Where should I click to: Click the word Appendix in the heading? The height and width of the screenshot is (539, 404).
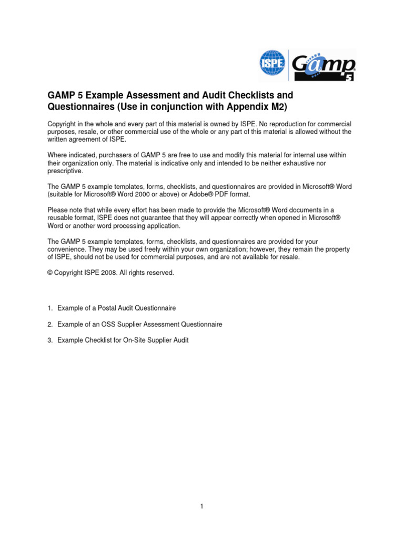(232, 108)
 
